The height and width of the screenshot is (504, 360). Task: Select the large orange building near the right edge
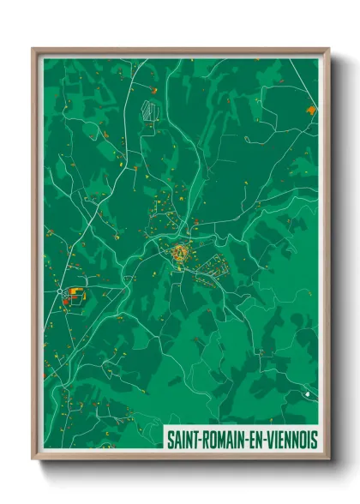[309, 110]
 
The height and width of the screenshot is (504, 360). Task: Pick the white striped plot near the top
[150, 111]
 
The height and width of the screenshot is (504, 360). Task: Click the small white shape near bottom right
[306, 393]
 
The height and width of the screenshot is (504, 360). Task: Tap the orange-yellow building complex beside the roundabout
[75, 294]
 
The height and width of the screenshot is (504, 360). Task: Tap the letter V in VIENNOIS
[267, 439]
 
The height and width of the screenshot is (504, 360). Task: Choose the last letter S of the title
[314, 439]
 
